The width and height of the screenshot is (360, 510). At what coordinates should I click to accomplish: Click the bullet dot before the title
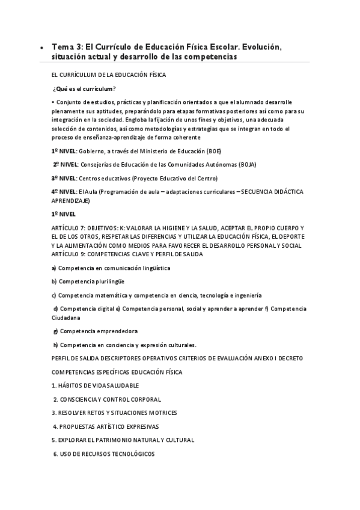(40, 48)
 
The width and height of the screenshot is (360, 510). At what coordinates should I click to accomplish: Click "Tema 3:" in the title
(67, 46)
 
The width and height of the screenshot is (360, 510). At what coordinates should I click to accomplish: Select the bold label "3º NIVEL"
(64, 178)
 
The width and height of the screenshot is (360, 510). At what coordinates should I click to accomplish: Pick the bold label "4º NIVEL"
(64, 192)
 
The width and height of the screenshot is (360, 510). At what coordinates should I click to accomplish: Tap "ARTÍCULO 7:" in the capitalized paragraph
(69, 229)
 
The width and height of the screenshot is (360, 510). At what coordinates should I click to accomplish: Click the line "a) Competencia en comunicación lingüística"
(111, 268)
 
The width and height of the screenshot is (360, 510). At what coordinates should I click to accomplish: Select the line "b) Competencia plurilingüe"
(90, 281)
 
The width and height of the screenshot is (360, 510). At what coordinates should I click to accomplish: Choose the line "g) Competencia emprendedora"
(95, 331)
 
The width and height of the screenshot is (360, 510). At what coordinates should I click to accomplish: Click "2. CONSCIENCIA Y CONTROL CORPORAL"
(108, 399)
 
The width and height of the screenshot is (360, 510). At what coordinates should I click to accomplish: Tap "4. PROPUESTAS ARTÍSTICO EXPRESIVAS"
(106, 426)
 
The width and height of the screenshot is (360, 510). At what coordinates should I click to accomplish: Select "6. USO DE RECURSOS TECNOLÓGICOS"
(103, 454)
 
